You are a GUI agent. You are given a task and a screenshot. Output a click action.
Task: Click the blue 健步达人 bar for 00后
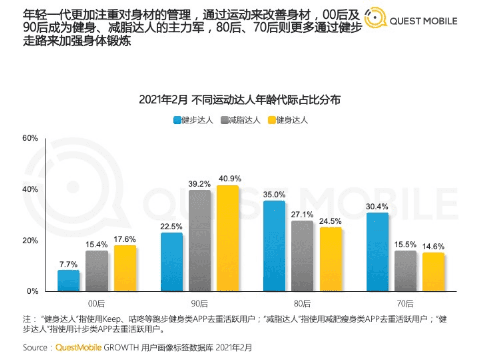pos(68,280)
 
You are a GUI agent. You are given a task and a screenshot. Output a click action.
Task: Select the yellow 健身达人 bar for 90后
pos(228,238)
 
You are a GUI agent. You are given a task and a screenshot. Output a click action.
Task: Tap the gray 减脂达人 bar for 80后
pos(302,256)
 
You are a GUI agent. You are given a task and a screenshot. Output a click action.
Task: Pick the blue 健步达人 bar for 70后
pos(377,252)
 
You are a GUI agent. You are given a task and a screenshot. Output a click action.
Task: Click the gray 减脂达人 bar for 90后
pos(200,241)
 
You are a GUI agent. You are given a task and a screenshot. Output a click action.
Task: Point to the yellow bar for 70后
pos(433,272)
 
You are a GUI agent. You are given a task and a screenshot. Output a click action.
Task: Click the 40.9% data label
pos(228,178)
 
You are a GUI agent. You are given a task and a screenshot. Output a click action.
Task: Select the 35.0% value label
pos(274,194)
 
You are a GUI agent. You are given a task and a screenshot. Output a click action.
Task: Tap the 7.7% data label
pos(68,263)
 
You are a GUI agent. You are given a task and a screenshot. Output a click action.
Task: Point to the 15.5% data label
pos(405,244)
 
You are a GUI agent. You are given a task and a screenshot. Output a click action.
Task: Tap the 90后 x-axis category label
pos(199,303)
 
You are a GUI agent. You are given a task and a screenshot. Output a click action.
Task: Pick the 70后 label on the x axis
pos(405,303)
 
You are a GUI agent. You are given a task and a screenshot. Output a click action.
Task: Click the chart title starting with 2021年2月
pos(240,100)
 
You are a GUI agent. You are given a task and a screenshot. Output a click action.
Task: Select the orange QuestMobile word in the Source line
pos(78,347)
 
